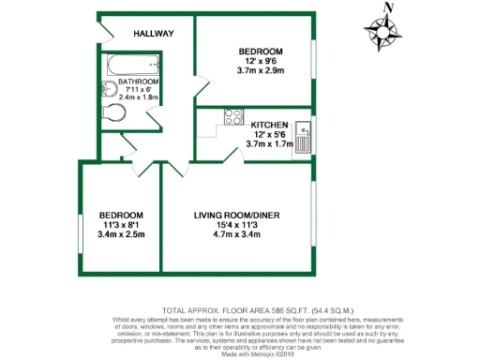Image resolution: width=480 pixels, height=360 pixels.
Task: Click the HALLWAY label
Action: [x=153, y=34]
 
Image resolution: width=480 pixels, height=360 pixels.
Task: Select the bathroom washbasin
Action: [x=106, y=92]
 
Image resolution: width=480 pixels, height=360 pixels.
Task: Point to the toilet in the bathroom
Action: [x=113, y=113]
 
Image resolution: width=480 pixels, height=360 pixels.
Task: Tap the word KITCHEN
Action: [x=270, y=124]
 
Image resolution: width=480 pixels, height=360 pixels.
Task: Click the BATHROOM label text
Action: [x=138, y=82]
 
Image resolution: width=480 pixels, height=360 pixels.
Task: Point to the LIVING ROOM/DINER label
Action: [x=237, y=216]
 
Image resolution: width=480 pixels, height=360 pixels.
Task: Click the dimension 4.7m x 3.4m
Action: [x=237, y=236]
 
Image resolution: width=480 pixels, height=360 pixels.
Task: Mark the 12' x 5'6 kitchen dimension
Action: [x=270, y=134]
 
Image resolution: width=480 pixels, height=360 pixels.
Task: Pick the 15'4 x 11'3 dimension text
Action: [x=237, y=226]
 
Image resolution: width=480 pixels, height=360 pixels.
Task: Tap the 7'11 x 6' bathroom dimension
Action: [x=138, y=91]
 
